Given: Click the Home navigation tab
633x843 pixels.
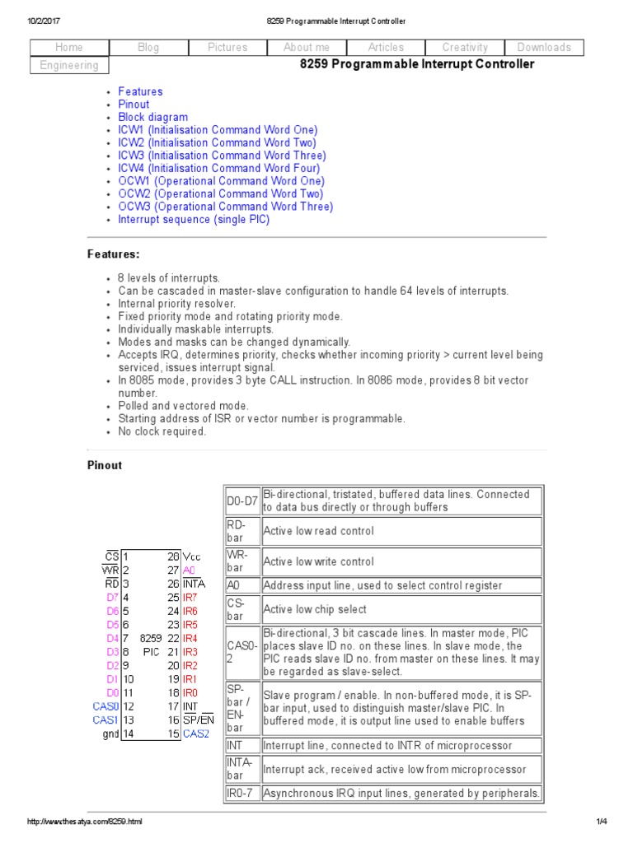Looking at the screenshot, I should coord(69,48).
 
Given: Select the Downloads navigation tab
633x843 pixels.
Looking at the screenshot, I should coord(544,48).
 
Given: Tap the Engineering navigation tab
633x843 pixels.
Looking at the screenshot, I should coord(69,65).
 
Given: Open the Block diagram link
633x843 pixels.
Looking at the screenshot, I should coord(152,117).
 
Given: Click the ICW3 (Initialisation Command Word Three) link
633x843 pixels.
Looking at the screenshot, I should coord(222,155).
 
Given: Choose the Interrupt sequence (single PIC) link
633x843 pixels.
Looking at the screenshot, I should coord(194,219).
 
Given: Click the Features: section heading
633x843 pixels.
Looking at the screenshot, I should coord(114,254).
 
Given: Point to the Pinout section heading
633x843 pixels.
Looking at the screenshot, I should coord(105,465).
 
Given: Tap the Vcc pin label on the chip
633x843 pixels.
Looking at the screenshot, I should coord(192,557).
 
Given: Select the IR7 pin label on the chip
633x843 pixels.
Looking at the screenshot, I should coord(190,596).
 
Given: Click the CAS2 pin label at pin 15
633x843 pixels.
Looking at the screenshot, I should coord(196,733).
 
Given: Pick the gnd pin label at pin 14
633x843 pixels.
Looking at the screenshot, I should coord(111,733).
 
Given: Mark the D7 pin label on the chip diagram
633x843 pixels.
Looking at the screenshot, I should coord(113,596).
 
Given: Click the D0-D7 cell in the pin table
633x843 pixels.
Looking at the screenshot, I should coord(241,501).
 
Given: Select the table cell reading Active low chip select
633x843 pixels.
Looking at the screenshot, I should coord(315,609).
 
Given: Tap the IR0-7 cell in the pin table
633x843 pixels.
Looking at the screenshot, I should coord(241,794).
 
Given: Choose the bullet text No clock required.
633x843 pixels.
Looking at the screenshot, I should coord(162,431).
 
